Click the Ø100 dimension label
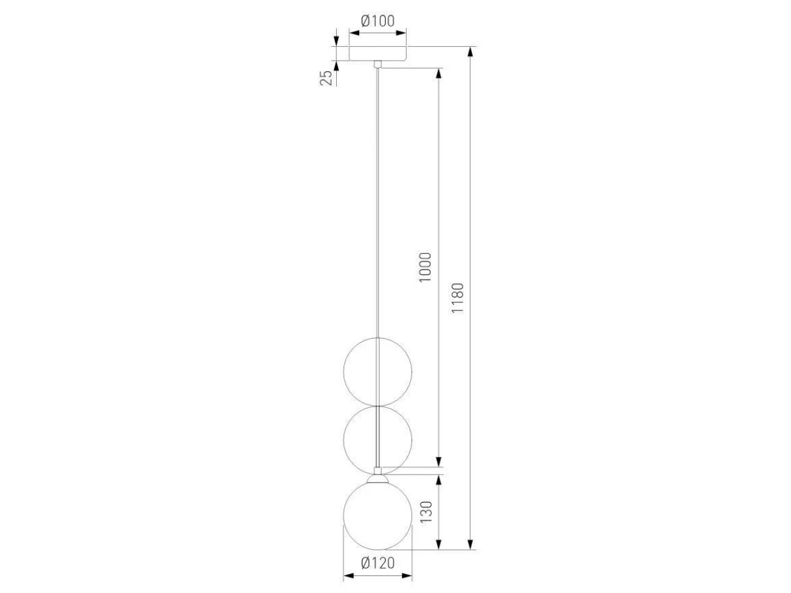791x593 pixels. (378, 21)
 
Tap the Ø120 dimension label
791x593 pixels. (378, 563)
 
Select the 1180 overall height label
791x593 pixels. (457, 298)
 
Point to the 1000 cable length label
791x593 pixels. (425, 268)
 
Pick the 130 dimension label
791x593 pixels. (426, 512)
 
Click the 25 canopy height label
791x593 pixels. (326, 78)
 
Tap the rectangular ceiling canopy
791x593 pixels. (378, 53)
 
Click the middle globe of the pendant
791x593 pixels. (343, 439)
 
